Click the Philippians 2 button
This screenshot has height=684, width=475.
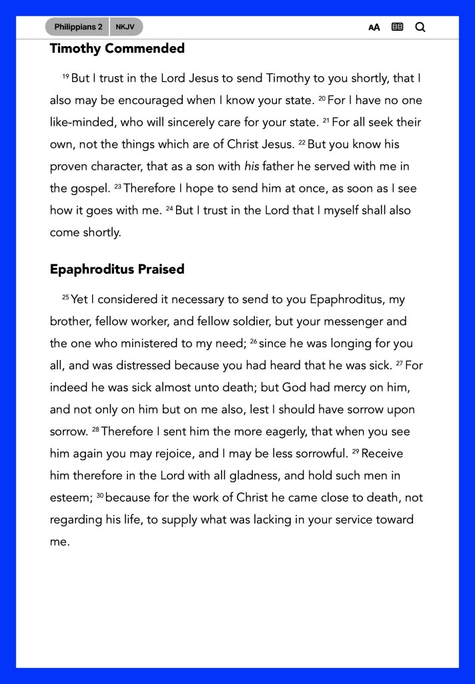[78, 27]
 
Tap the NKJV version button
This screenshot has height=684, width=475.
[125, 27]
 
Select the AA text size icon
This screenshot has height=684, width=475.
[374, 27]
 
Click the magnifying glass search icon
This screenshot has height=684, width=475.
[420, 27]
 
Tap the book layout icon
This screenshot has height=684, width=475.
[398, 27]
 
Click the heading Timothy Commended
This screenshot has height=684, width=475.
[117, 49]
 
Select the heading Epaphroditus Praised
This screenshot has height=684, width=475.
[117, 270]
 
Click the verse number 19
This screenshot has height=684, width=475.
[65, 76]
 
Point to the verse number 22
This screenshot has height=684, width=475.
[301, 142]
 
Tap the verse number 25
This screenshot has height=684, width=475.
[65, 297]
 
